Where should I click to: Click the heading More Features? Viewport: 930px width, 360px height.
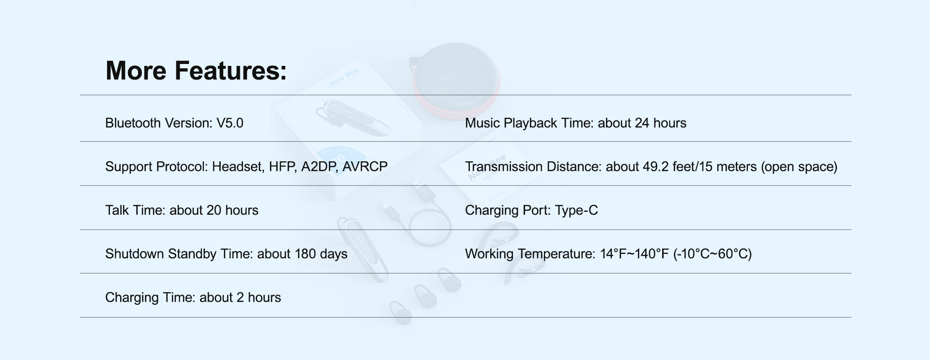pos(196,71)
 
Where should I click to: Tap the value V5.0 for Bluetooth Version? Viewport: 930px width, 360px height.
pos(230,123)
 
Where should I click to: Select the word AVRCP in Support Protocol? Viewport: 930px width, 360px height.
pos(365,167)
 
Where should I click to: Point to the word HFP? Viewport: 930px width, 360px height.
pos(282,167)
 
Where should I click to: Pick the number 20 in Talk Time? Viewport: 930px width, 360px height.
pos(214,210)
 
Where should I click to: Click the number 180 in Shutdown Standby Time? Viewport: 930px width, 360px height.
pos(305,254)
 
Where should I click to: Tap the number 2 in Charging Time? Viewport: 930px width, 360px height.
pos(240,297)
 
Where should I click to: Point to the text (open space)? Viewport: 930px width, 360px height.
pos(799,167)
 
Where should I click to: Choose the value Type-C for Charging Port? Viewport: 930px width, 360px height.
pos(576,211)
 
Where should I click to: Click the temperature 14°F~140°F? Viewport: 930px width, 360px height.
pos(635,254)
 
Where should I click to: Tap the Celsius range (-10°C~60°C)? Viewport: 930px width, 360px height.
pos(713,254)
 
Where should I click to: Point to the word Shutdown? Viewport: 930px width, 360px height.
pos(135,254)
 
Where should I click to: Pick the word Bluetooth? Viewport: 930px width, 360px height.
pos(133,123)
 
